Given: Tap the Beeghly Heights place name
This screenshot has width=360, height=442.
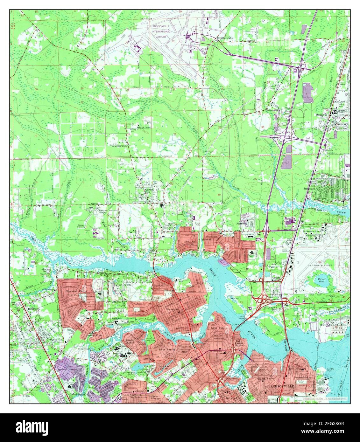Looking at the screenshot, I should click(225, 38).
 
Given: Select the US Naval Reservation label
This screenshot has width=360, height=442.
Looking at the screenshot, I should click(328, 320).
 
